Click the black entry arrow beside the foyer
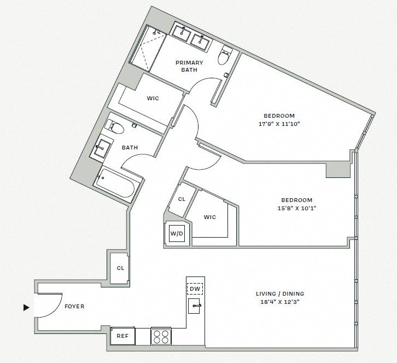click(x=26, y=308)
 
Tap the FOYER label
click(x=74, y=307)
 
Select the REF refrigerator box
click(x=122, y=336)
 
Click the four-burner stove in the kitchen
click(x=161, y=336)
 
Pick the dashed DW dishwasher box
click(x=195, y=289)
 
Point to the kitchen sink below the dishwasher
click(x=195, y=307)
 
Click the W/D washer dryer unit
click(x=177, y=234)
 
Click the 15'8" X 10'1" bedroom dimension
click(x=296, y=208)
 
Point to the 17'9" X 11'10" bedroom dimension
click(x=279, y=124)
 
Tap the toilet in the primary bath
click(x=225, y=56)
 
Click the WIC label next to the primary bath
click(x=153, y=99)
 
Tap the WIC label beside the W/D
click(x=209, y=217)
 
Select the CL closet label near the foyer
click(x=120, y=268)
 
